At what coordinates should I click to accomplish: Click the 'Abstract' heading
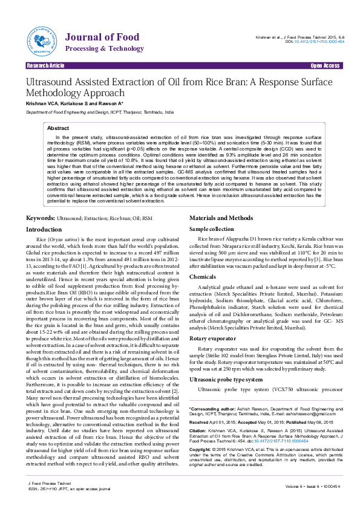pos(58,129)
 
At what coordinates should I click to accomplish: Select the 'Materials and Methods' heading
pos(221,217)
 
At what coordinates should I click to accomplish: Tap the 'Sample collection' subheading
pos(212,230)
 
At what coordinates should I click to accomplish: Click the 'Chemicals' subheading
pos(203,276)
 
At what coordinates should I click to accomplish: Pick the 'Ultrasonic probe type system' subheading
pos(226,379)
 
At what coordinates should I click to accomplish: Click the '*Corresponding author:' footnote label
pos(211,409)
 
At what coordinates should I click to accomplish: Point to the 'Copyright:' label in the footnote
pos(201,450)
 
